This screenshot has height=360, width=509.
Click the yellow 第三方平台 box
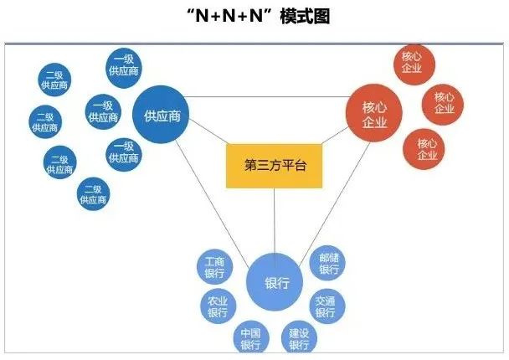(x=275, y=166)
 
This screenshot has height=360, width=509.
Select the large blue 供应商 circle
(x=161, y=115)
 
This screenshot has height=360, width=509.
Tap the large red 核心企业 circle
(x=374, y=113)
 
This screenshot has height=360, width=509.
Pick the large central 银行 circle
(x=275, y=282)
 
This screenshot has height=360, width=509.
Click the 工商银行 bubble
(x=215, y=267)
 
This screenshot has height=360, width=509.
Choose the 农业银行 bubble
(x=219, y=306)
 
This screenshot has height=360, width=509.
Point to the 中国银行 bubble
(x=251, y=337)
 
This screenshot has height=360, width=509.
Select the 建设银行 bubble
(x=299, y=337)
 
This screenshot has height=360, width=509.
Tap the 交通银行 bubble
(x=326, y=306)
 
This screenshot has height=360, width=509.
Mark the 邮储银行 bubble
(x=327, y=263)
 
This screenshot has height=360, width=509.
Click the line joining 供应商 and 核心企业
(x=268, y=97)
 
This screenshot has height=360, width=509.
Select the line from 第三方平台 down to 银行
(x=275, y=221)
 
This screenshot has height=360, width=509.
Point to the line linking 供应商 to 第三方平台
(x=208, y=131)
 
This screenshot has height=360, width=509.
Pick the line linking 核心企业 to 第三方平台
(x=335, y=136)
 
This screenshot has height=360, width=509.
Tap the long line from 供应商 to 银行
(x=213, y=204)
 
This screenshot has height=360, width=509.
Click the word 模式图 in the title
(x=305, y=16)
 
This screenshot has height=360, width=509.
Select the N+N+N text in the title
(x=229, y=16)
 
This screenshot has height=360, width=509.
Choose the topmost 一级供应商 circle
(x=124, y=68)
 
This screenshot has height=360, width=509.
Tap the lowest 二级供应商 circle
(x=94, y=193)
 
